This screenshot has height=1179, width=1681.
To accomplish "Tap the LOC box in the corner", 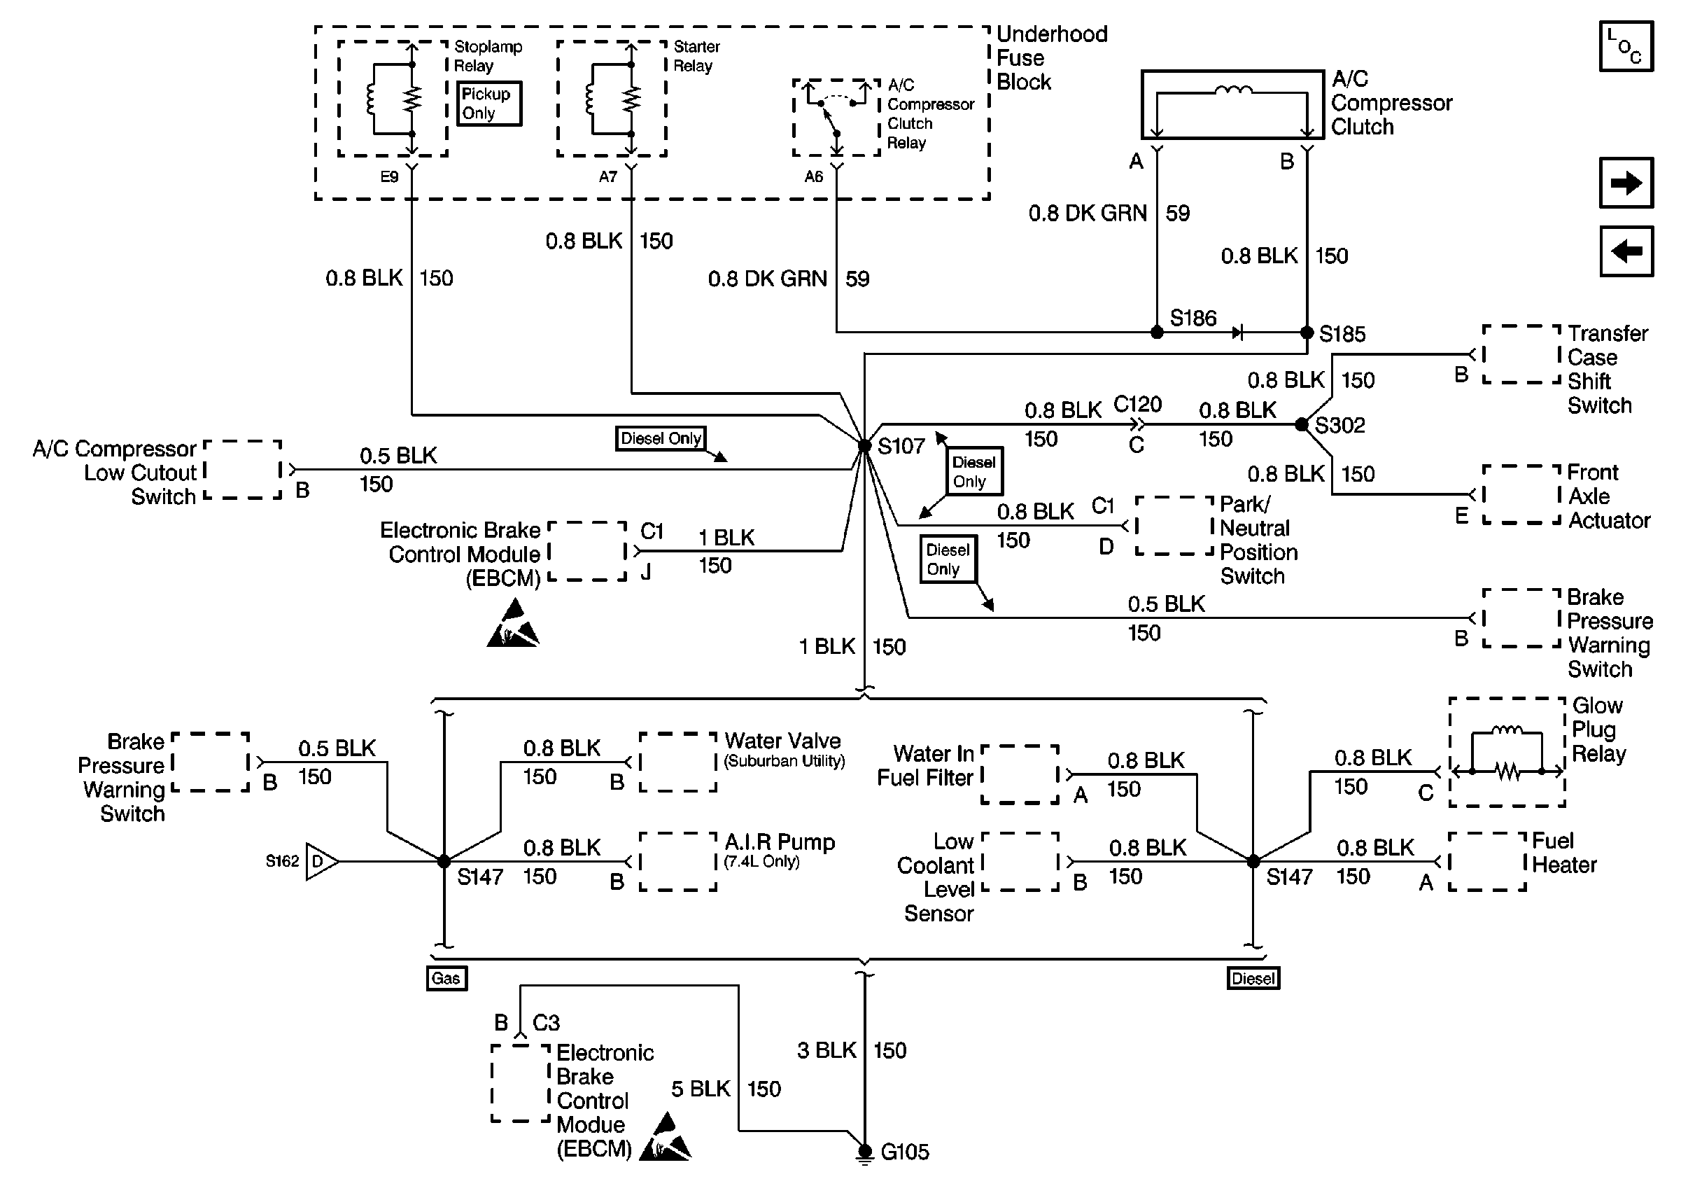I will coord(1625,46).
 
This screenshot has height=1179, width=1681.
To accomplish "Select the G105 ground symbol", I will coord(865,1152).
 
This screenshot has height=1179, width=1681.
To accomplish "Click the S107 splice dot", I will coord(865,445).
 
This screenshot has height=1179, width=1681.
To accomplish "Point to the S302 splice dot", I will coord(1301,425).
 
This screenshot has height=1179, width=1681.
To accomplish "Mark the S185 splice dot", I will coord(1307,333).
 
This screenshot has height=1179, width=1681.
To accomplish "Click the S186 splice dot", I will coord(1157,333).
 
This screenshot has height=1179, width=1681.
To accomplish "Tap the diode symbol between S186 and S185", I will coord(1237,333).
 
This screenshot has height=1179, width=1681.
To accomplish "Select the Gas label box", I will coord(446,978).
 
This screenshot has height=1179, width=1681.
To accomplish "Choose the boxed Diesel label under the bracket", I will coord(1253,978).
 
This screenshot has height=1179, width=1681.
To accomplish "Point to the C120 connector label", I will coord(1137,404).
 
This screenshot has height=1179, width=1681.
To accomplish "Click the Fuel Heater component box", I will coord(1487,861).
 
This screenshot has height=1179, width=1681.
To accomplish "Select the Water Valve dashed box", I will coord(677,762).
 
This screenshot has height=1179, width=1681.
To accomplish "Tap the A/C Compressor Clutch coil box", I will coord(1232,105).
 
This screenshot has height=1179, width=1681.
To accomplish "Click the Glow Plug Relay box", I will coord(1507,752).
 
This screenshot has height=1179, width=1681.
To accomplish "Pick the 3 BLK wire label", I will coord(826,1050).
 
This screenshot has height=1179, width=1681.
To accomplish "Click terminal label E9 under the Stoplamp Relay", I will coord(389,177).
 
